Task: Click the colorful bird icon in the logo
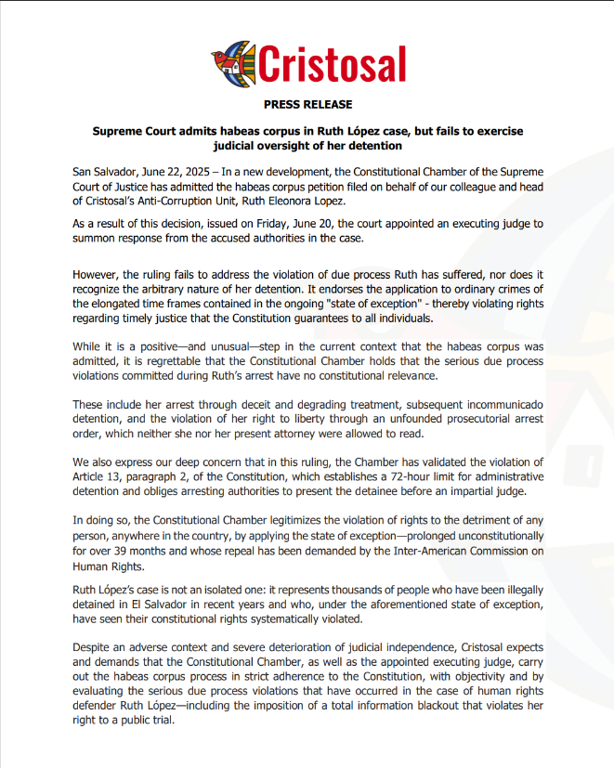click(x=232, y=62)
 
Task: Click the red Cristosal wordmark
click(x=332, y=63)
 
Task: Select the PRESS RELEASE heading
click(x=307, y=105)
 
